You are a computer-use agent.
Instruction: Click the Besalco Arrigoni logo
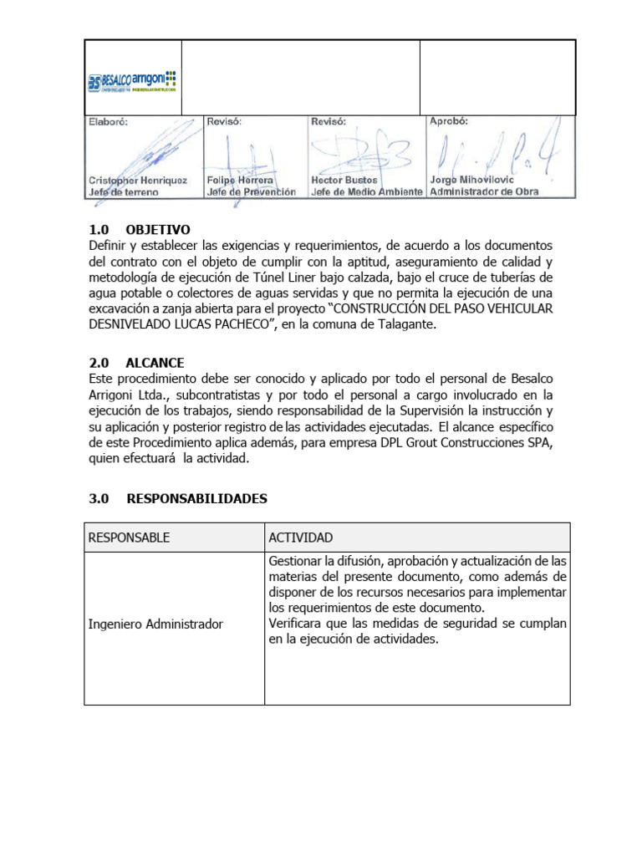pos(132,82)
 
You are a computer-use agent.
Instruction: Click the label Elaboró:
pos(110,121)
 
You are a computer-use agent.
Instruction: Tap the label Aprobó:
pos(449,121)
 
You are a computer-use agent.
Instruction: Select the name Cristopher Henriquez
pos(138,180)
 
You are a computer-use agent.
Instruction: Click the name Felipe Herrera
pos(240,180)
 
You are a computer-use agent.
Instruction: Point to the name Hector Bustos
pos(344,180)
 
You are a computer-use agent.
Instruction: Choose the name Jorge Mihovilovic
pos(471,180)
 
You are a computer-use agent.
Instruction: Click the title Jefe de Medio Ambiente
pos(365,191)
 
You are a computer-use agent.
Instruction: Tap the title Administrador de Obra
pos(484,191)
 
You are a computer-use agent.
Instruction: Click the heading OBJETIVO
pos(158,230)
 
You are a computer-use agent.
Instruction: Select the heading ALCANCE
pos(155,363)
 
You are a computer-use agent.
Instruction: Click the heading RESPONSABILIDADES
pos(196,499)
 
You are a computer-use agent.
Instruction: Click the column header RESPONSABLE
pos(129,538)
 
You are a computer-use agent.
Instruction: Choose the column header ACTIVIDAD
pos(301,538)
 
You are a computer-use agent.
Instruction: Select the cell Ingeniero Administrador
pos(155,624)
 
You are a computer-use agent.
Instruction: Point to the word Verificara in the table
pos(297,624)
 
